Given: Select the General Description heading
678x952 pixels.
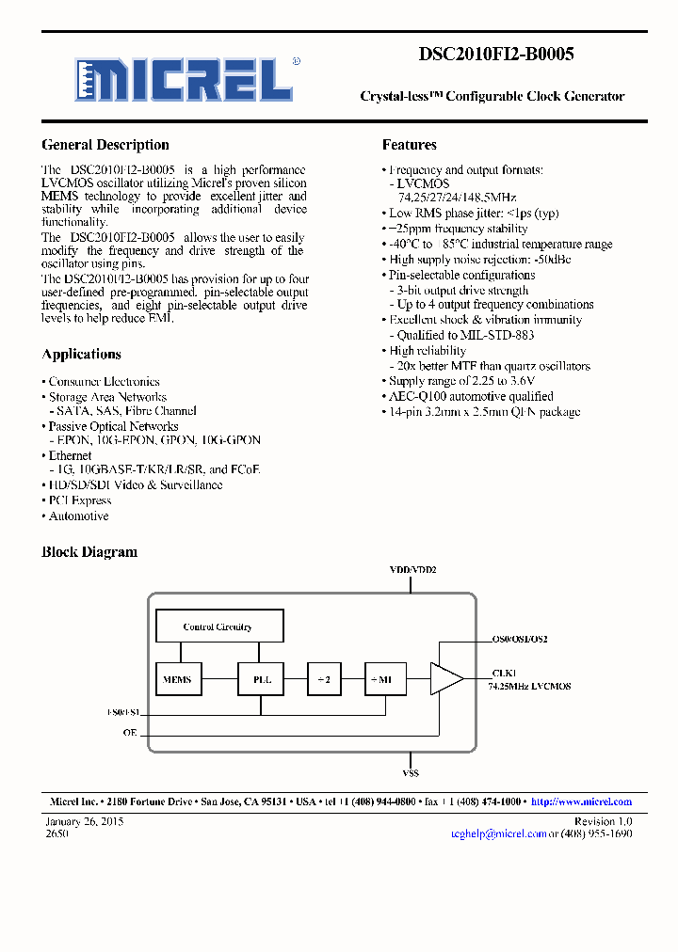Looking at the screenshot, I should click(105, 145).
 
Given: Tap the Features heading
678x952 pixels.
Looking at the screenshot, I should click(409, 145).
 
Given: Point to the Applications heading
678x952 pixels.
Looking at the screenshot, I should click(81, 355).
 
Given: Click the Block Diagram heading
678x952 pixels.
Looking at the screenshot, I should click(89, 552).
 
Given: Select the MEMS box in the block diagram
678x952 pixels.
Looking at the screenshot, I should click(177, 679).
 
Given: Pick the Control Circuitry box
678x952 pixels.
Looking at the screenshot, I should click(218, 627).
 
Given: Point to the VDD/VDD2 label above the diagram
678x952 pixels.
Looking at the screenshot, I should click(412, 570).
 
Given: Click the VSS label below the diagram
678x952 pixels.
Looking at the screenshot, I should click(411, 773).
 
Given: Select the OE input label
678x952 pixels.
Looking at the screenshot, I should click(130, 732).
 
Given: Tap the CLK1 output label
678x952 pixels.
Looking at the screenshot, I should click(504, 674).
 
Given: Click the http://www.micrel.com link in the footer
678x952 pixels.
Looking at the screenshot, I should click(581, 801).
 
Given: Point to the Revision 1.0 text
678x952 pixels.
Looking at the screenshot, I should click(603, 821).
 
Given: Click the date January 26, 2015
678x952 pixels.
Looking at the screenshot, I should click(85, 821).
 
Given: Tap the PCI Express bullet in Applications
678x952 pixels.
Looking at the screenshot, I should click(79, 500).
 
